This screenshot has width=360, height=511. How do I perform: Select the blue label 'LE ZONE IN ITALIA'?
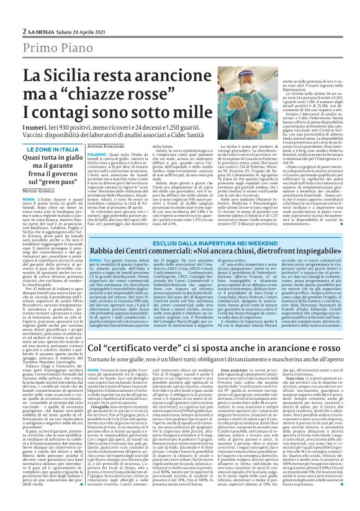point(52,150)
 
